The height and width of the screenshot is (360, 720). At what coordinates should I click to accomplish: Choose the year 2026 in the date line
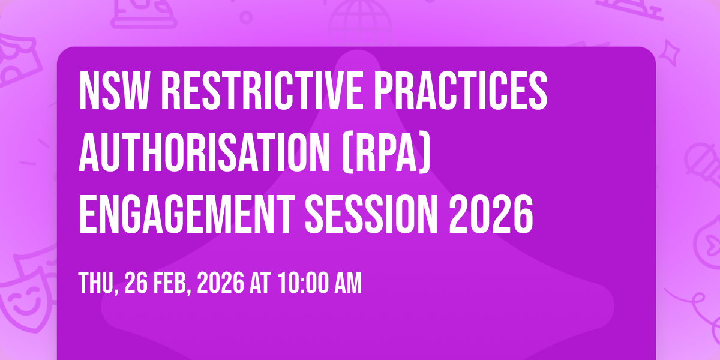tap(223, 284)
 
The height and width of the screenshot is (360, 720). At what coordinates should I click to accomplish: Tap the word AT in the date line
tap(262, 284)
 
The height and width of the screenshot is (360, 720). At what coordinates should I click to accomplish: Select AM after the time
tap(349, 284)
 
